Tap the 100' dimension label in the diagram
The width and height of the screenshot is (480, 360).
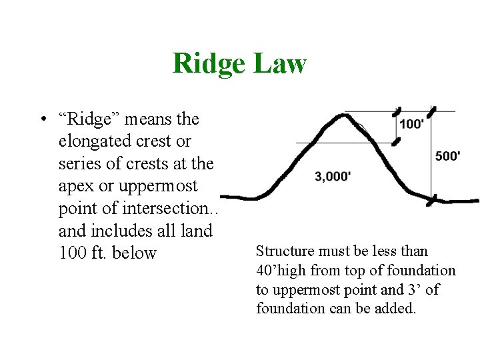[x=412, y=125]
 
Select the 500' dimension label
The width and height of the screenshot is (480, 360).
[x=447, y=156]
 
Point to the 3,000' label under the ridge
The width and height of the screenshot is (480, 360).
[x=333, y=177]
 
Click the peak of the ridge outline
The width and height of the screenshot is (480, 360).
[x=344, y=115]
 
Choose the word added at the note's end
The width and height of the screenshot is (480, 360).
[x=396, y=309]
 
